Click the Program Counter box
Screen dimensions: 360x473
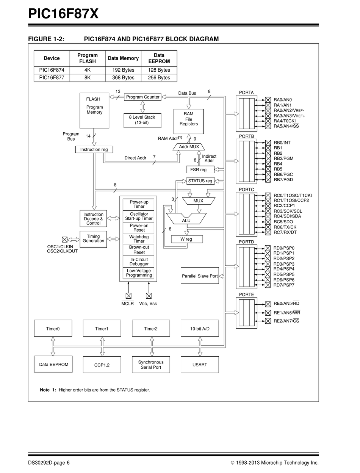[x=142, y=97]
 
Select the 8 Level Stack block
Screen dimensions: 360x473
[x=142, y=121]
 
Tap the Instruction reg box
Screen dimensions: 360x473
[x=94, y=150]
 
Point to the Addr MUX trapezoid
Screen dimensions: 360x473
[x=189, y=147]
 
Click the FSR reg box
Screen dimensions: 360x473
[x=200, y=169]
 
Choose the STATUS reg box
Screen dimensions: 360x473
[x=200, y=181]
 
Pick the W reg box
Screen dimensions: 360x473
[x=187, y=239]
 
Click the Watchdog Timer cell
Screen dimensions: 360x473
[x=139, y=239]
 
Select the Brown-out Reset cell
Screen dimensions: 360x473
[x=139, y=250]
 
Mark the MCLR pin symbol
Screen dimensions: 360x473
[x=128, y=296]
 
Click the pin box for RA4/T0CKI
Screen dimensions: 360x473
[x=268, y=121]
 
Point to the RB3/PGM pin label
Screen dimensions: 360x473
[x=283, y=158]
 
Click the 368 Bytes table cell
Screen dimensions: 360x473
[x=123, y=78]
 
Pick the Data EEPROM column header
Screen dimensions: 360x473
[x=159, y=58]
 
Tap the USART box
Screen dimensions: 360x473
[x=200, y=365]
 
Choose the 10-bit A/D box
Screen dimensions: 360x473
[x=200, y=329]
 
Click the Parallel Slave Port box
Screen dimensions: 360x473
[x=200, y=276]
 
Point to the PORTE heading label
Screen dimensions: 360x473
[x=246, y=294]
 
